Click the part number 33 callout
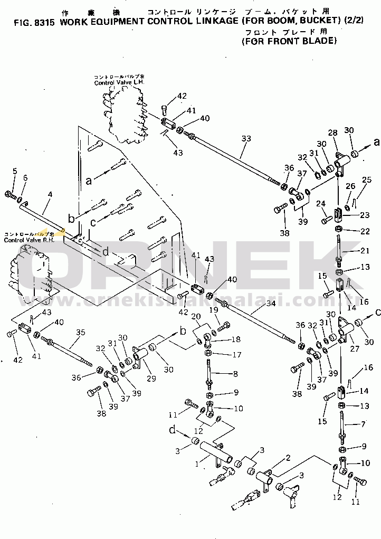click(x=246, y=139)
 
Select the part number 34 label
click(x=256, y=304)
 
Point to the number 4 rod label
click(x=49, y=194)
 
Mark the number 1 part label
click(x=197, y=465)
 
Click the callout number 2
click(x=288, y=458)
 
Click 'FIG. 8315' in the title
click(x=31, y=23)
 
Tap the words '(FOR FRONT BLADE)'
click(x=289, y=40)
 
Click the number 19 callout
click(x=214, y=309)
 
